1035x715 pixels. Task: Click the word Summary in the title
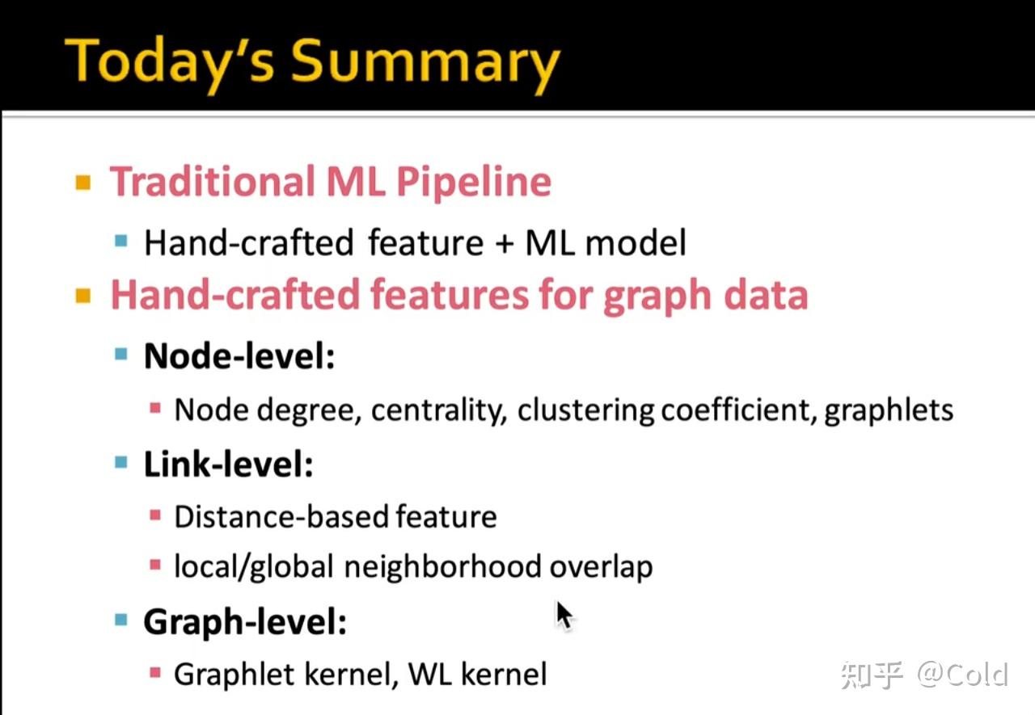pos(425,65)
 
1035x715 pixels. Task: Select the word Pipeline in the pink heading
pos(474,183)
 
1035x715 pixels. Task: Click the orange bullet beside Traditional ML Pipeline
pos(83,183)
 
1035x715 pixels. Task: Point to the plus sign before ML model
pos(505,244)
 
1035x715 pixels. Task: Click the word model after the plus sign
pos(636,243)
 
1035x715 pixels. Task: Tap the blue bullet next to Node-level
pos(121,355)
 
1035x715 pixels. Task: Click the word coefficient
pos(738,410)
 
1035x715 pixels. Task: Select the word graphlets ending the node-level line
pos(889,410)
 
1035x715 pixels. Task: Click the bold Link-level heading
pos(229,464)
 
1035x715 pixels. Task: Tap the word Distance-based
pos(281,516)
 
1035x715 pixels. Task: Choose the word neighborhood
pos(442,566)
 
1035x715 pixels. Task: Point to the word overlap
pos(601,567)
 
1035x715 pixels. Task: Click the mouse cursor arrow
pos(564,616)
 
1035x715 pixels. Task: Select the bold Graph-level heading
pos(245,623)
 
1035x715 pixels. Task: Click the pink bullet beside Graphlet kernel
pos(155,672)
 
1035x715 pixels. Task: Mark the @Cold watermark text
pos(962,675)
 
